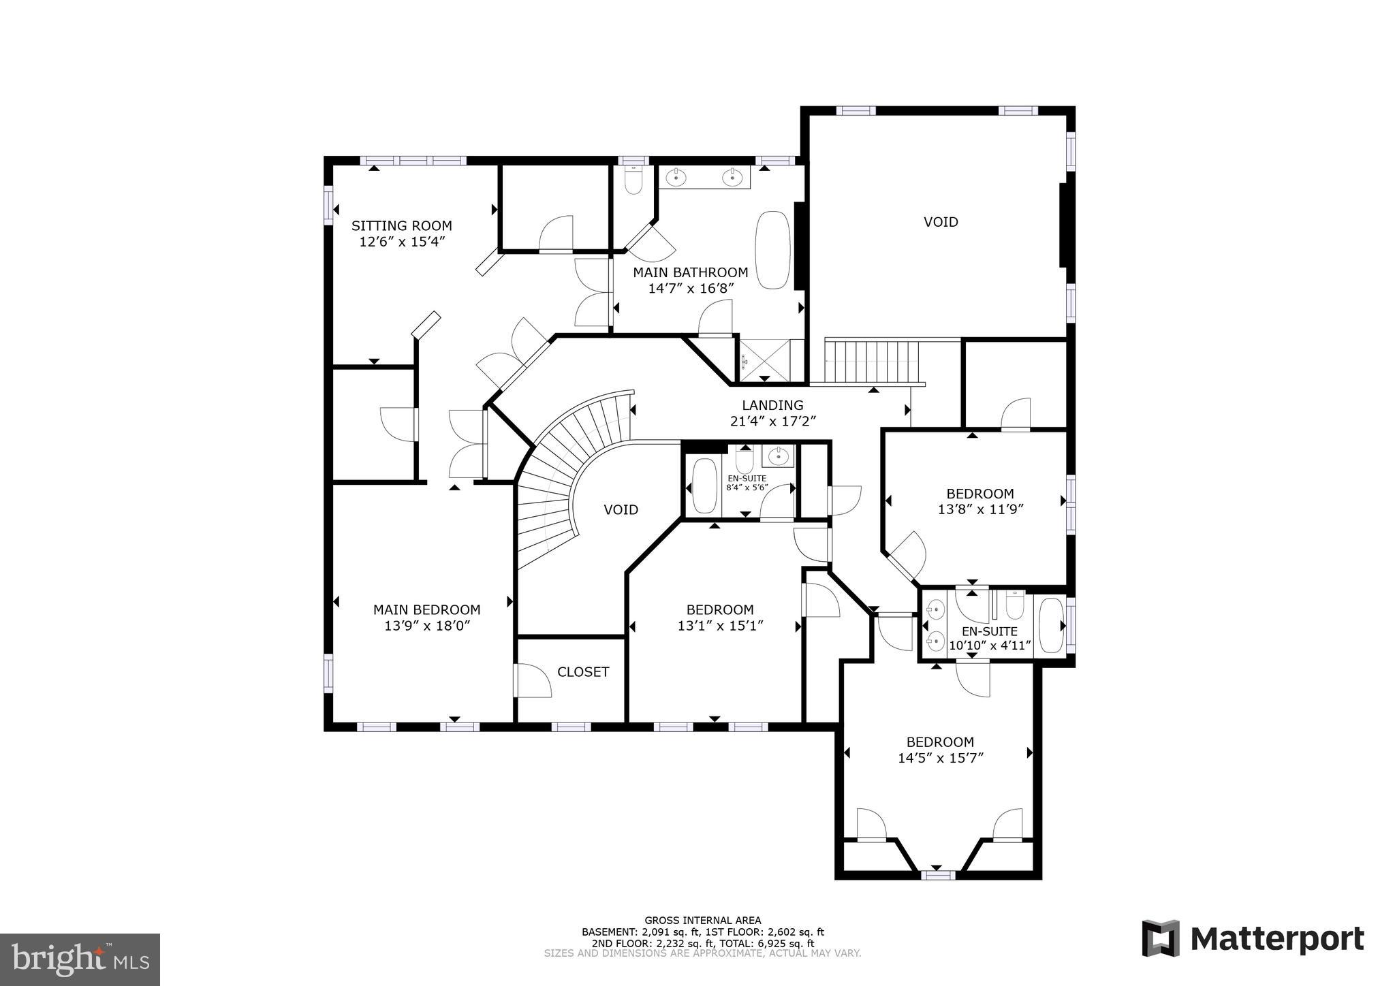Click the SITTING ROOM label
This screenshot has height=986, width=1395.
(x=401, y=225)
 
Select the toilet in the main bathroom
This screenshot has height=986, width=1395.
(x=633, y=180)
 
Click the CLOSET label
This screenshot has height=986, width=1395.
(x=583, y=672)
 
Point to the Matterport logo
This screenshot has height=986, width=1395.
(x=1253, y=938)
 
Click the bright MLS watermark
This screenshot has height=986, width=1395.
(x=80, y=959)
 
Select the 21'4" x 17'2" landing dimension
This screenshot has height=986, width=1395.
(x=772, y=422)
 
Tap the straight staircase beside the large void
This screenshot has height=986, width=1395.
(x=872, y=362)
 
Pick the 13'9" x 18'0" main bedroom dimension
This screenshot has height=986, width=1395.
(x=427, y=626)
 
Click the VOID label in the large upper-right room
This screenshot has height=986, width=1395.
(x=941, y=222)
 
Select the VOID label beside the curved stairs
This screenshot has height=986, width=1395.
(x=621, y=509)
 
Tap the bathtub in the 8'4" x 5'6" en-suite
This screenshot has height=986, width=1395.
(x=704, y=486)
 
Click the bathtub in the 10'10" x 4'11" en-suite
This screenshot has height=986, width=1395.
(x=1050, y=624)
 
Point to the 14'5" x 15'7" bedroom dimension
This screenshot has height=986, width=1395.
(x=940, y=758)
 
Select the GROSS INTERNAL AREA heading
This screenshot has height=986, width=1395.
(x=703, y=920)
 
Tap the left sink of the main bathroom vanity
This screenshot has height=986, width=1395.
(x=675, y=178)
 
